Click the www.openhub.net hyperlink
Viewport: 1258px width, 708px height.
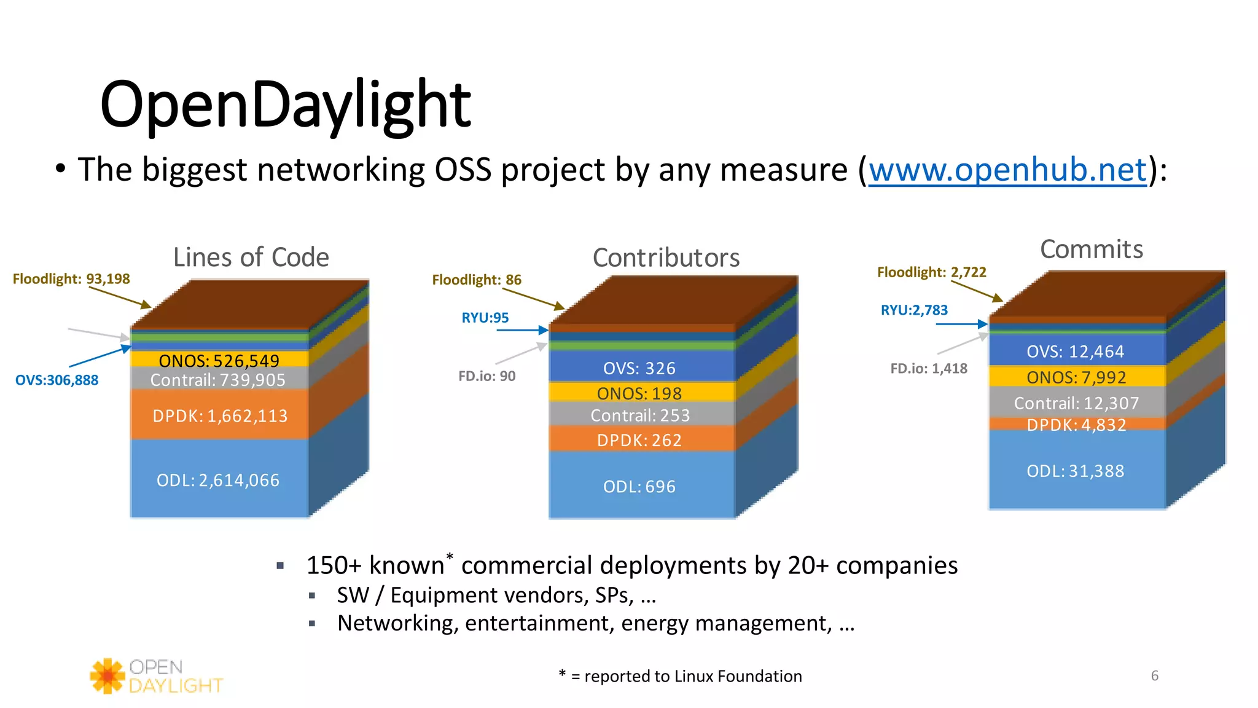1007,170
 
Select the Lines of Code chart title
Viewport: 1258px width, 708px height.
251,257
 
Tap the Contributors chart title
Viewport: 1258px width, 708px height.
666,258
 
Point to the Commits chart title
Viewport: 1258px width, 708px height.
1092,249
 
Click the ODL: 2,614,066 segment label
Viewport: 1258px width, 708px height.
218,480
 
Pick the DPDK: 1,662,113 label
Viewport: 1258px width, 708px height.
220,416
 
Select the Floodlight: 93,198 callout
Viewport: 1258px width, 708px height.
71,279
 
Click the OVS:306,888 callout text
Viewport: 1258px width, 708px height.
57,380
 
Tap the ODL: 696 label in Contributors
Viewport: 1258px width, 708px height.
639,487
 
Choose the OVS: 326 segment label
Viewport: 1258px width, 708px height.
639,368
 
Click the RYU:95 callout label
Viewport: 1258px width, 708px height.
485,318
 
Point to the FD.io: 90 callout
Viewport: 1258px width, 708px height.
486,376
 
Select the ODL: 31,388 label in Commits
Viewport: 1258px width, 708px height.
1075,471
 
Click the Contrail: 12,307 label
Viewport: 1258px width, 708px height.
1076,403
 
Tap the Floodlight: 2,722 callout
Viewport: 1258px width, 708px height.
931,272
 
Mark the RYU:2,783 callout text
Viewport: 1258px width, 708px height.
914,310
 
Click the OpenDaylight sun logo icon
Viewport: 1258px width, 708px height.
108,676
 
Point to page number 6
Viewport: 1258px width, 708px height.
1154,676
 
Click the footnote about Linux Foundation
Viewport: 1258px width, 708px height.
681,676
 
